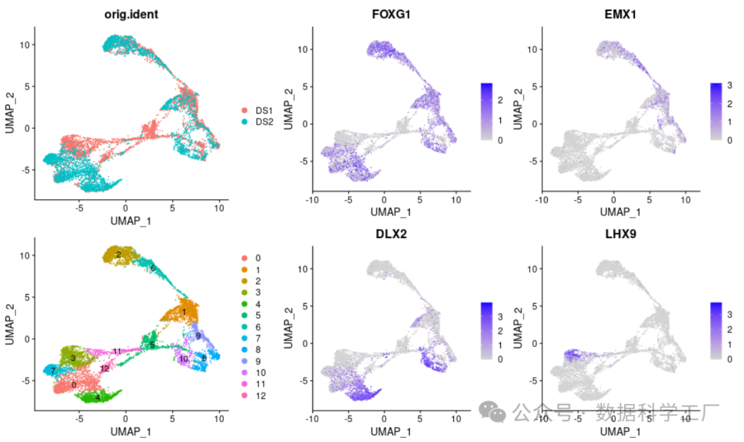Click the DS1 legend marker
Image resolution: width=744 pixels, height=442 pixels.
244,110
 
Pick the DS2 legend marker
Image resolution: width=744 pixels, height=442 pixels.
244,121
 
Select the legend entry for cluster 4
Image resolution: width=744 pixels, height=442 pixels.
244,304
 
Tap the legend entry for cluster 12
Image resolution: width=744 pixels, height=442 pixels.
244,395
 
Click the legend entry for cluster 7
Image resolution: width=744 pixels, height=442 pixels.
244,338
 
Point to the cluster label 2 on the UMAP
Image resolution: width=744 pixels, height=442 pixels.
118,255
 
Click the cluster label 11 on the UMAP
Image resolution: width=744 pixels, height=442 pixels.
117,352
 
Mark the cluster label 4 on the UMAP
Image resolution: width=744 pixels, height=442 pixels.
98,397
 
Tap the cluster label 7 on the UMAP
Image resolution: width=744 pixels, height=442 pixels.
52,371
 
